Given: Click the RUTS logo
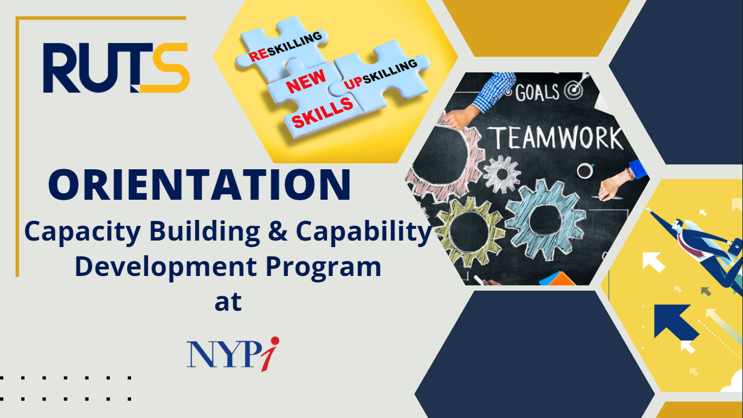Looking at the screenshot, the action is point(116,67).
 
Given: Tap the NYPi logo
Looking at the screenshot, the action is point(233,354).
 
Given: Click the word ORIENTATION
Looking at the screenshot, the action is point(200,185).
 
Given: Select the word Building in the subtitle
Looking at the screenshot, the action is point(205,232).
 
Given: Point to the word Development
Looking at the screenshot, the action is point(165,267).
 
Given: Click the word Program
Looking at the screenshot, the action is point(324,267).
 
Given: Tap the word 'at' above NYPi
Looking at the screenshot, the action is point(228,302).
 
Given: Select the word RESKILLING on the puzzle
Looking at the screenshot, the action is point(285,46).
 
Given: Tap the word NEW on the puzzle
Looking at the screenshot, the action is point(306,82).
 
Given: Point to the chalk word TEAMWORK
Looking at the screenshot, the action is point(557,138).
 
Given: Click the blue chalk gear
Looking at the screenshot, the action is point(545,220).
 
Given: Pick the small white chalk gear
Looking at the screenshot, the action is point(502,174).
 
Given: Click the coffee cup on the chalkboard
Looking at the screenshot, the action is point(585,170).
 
